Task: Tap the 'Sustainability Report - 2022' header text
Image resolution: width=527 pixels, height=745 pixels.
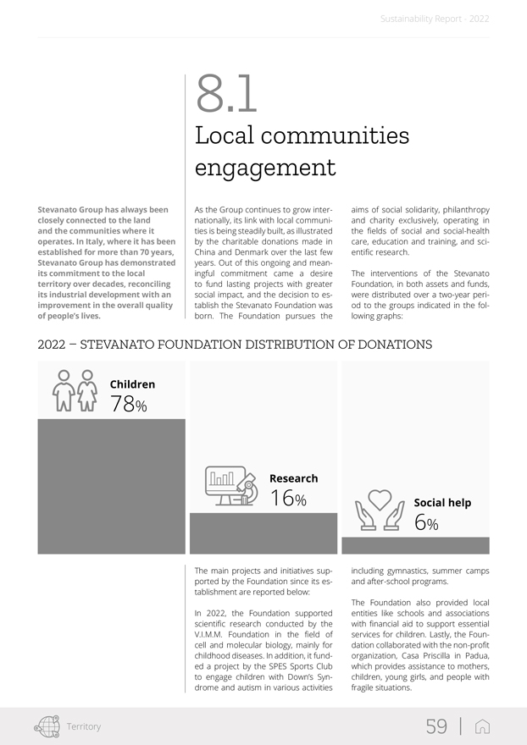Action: point(435,18)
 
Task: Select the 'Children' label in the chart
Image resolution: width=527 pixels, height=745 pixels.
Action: point(132,384)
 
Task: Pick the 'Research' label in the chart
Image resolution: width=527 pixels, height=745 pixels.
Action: point(293,478)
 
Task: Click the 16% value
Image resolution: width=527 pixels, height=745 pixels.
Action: point(288,499)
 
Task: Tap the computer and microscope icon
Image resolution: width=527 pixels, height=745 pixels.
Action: point(231,488)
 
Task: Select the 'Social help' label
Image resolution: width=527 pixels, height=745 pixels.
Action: point(442,503)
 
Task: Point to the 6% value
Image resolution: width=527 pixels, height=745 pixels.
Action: point(426,523)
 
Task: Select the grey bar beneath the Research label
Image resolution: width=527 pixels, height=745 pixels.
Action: point(263,533)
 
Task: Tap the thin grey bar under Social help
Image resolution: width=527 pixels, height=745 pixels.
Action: point(415,545)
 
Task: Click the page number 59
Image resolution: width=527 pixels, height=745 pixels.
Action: point(436,726)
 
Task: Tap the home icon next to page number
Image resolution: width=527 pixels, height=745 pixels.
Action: point(483,726)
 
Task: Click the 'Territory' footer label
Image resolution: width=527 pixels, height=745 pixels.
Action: point(84,726)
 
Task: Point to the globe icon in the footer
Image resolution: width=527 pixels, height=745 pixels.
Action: point(47,726)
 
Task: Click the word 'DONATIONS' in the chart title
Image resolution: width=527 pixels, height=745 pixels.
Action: point(389,345)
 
